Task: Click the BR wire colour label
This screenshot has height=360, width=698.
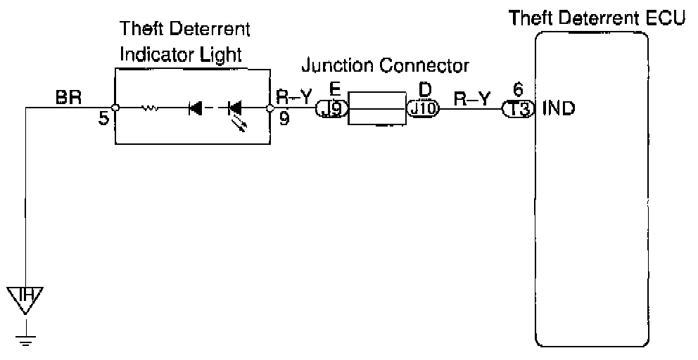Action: [x=68, y=98]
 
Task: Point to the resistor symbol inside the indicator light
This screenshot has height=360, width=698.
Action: [x=150, y=108]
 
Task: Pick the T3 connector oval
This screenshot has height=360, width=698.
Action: [x=519, y=109]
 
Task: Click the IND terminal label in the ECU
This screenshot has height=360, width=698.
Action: [x=560, y=109]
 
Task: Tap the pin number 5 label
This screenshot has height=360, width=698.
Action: [x=103, y=120]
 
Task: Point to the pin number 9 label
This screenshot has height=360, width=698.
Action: [x=283, y=120]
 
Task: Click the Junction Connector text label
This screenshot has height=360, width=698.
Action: [x=385, y=66]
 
